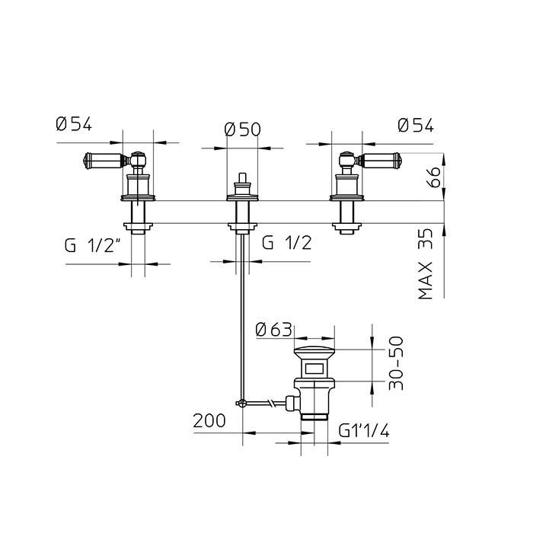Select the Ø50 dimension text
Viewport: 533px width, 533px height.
pos(242,129)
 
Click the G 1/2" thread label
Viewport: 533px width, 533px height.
pos(94,245)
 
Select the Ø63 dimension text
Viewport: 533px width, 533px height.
pos(274,330)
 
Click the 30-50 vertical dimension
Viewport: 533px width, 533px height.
pos(394,365)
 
